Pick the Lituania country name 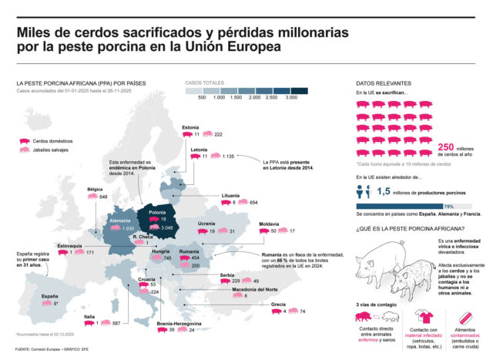(230, 195)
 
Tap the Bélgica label (95, 189)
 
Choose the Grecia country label (278, 304)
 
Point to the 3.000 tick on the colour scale (291, 98)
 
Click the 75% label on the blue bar (470, 206)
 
